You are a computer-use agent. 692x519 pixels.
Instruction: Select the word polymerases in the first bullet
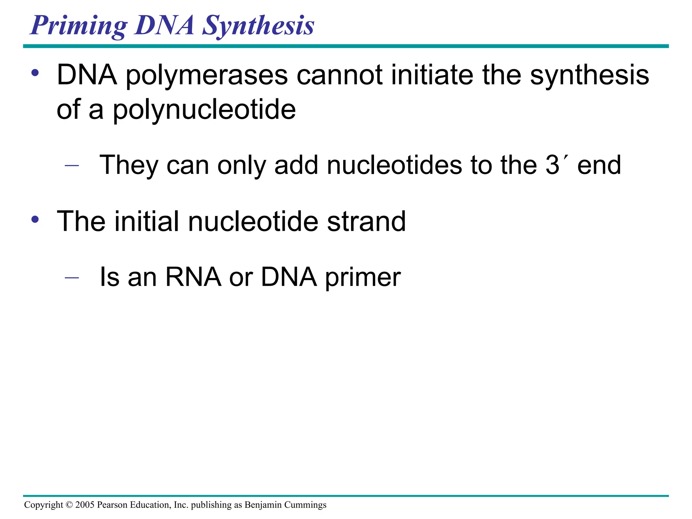[206, 76]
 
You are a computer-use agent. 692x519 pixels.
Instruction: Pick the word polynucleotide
[204, 110]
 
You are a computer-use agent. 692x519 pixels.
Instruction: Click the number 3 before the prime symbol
[552, 165]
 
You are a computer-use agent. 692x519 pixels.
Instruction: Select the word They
[129, 165]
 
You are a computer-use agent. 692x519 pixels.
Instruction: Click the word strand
[366, 222]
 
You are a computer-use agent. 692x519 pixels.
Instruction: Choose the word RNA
[193, 277]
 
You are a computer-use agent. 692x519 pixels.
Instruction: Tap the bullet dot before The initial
[35, 220]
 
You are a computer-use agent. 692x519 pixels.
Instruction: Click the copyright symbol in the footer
[69, 505]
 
